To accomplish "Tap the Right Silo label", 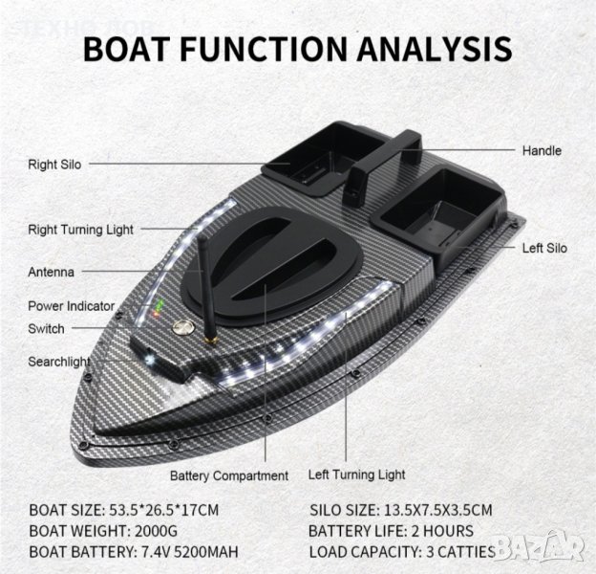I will coord(54,165).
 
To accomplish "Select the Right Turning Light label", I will coord(81,230).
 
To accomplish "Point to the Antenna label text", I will coord(52,273).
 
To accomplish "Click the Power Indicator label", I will coord(72,307).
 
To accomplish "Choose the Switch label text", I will coord(47,329).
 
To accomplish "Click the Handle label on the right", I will coord(542,151).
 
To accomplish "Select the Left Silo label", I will coord(544,249).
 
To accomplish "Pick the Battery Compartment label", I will coord(229,475).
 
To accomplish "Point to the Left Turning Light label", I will coord(356,475).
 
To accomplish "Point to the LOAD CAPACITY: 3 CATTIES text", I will coord(402,552).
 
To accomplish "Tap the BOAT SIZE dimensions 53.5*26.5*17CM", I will coord(172,509).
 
